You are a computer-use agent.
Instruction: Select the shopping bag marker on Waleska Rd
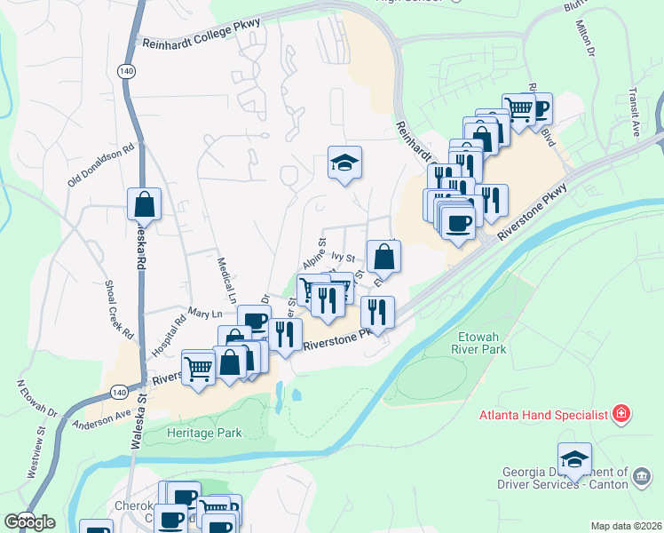point(144,205)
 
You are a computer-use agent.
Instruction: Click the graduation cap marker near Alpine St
point(344,163)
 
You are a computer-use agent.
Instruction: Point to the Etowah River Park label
point(481,345)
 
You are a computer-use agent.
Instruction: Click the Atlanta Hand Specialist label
point(542,414)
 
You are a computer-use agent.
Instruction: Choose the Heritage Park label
point(204,433)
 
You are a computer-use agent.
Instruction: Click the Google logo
point(29,521)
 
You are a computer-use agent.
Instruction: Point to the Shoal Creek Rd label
point(119,306)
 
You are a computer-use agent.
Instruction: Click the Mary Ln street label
point(205,314)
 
